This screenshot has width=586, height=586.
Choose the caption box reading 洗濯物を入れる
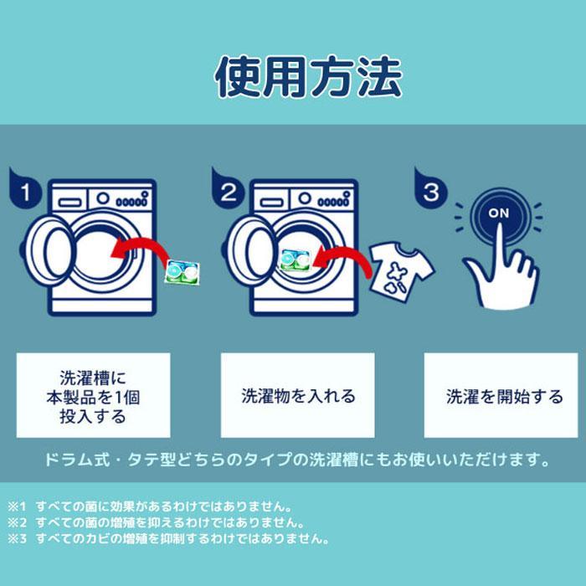(x=298, y=396)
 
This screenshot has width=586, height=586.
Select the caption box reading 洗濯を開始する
(x=501, y=396)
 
